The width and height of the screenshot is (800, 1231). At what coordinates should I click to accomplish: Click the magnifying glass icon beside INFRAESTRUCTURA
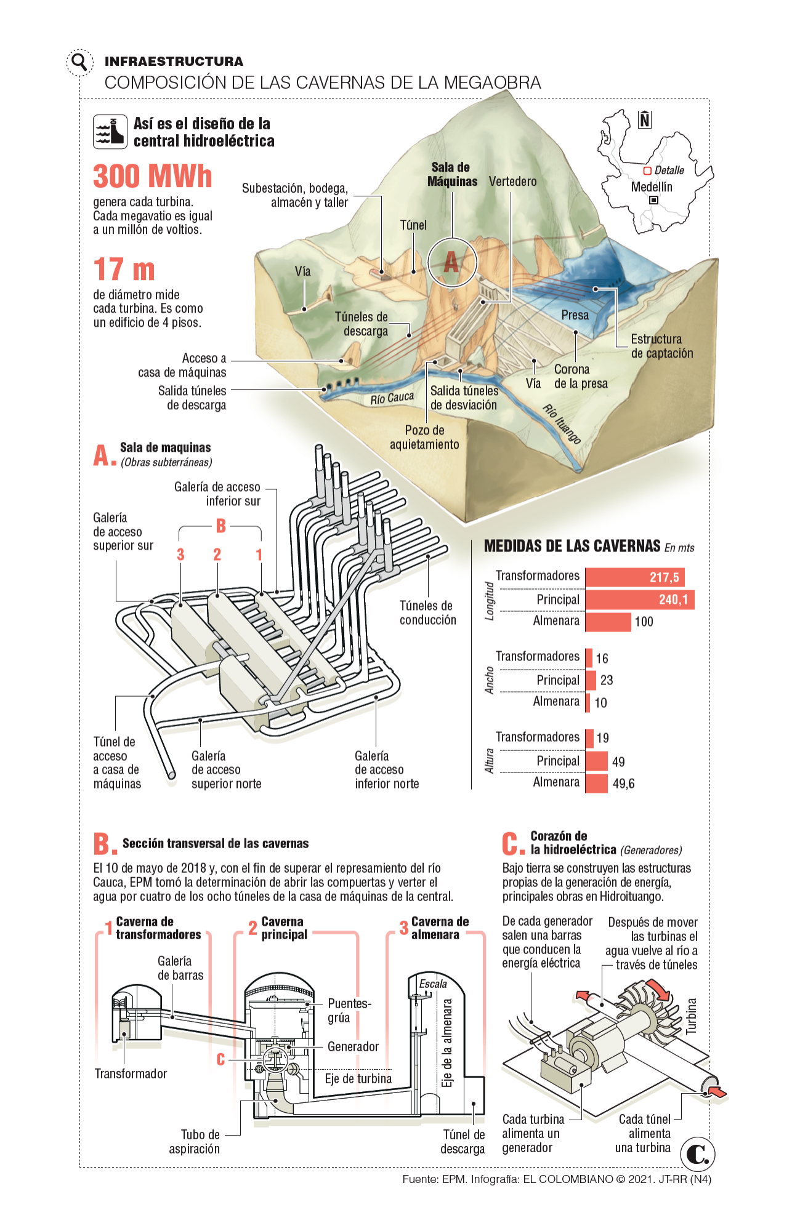79,62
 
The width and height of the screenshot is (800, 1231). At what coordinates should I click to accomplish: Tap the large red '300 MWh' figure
153,177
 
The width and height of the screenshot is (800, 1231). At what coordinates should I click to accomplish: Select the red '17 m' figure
124,270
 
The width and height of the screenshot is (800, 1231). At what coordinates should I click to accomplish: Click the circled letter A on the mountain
452,262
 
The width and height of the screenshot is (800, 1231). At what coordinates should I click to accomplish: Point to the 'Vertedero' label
512,182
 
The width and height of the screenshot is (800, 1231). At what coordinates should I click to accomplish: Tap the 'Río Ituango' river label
562,423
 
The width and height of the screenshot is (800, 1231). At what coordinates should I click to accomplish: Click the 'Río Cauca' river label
392,398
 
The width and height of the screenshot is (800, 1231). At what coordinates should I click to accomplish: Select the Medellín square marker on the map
653,200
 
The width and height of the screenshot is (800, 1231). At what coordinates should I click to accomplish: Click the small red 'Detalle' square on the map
647,170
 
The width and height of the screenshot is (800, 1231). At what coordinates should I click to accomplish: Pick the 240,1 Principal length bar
639,599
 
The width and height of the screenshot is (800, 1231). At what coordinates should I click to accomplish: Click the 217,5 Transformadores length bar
634,577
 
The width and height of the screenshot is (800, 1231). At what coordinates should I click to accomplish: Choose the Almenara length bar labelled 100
608,622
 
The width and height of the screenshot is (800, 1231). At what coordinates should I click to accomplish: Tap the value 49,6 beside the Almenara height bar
623,784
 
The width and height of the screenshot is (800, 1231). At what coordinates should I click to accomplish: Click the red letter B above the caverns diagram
221,526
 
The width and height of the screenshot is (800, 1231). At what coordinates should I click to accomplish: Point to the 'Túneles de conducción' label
428,612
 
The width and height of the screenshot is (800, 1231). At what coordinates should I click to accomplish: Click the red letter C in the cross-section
221,1059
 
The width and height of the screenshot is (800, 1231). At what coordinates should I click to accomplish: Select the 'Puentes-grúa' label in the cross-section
348,1010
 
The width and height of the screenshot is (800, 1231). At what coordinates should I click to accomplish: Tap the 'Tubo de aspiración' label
200,1141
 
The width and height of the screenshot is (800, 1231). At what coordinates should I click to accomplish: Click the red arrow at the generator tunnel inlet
717,1093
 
